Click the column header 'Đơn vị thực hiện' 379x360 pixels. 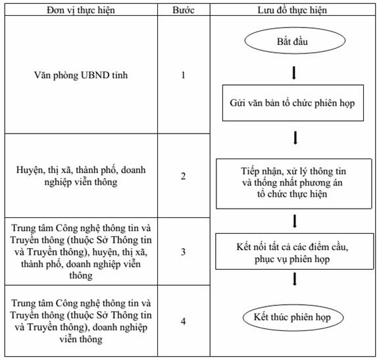81,10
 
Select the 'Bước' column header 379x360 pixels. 184,10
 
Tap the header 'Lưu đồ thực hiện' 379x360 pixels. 292,10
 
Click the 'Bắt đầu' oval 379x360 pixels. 295,41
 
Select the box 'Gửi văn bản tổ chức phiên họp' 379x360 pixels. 293,103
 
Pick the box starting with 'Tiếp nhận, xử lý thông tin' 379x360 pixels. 293,184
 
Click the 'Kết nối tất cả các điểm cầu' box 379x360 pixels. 294,251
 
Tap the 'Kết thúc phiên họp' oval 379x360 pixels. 293,317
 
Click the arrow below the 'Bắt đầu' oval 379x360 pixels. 294,72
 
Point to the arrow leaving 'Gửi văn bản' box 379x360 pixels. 295,138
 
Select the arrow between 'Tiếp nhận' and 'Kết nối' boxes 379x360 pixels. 294,221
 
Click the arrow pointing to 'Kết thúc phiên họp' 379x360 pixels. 294,279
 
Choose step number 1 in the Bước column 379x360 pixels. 183,75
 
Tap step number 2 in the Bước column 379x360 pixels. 183,176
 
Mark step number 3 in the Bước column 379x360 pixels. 183,252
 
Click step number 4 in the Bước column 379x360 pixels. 183,321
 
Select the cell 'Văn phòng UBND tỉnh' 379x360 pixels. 81,75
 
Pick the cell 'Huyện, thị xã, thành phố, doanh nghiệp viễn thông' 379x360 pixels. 81,176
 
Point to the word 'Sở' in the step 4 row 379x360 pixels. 102,315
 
